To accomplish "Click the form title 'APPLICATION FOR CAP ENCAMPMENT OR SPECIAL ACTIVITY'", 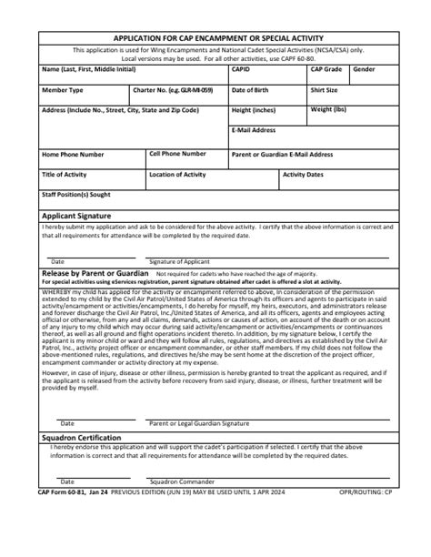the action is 216,39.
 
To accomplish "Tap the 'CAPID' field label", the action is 241,69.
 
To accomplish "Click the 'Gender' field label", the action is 364,69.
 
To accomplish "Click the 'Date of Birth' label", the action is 251,91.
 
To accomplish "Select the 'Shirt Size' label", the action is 325,91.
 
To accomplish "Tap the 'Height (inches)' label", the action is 254,111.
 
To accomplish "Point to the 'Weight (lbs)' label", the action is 328,110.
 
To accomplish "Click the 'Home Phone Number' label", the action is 79,155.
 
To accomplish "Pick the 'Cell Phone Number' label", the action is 177,154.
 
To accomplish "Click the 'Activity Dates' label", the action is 303,174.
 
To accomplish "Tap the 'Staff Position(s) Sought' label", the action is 76,194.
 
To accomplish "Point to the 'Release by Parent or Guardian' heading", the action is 95,273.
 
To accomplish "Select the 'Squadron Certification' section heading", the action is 82,438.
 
